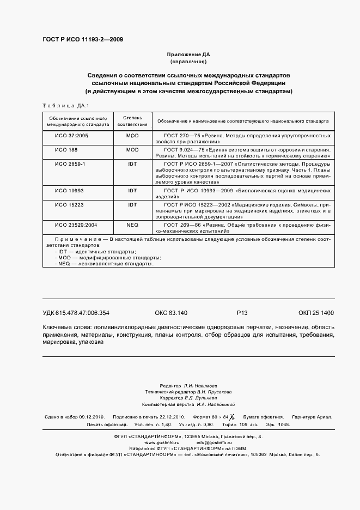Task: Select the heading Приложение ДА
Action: (188, 55)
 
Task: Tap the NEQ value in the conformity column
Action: (132, 224)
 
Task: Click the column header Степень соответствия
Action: (132, 120)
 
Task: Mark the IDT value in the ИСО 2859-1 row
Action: (132, 163)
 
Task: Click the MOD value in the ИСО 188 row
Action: (132, 149)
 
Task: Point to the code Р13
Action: (242, 313)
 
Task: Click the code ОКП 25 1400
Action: (316, 313)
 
